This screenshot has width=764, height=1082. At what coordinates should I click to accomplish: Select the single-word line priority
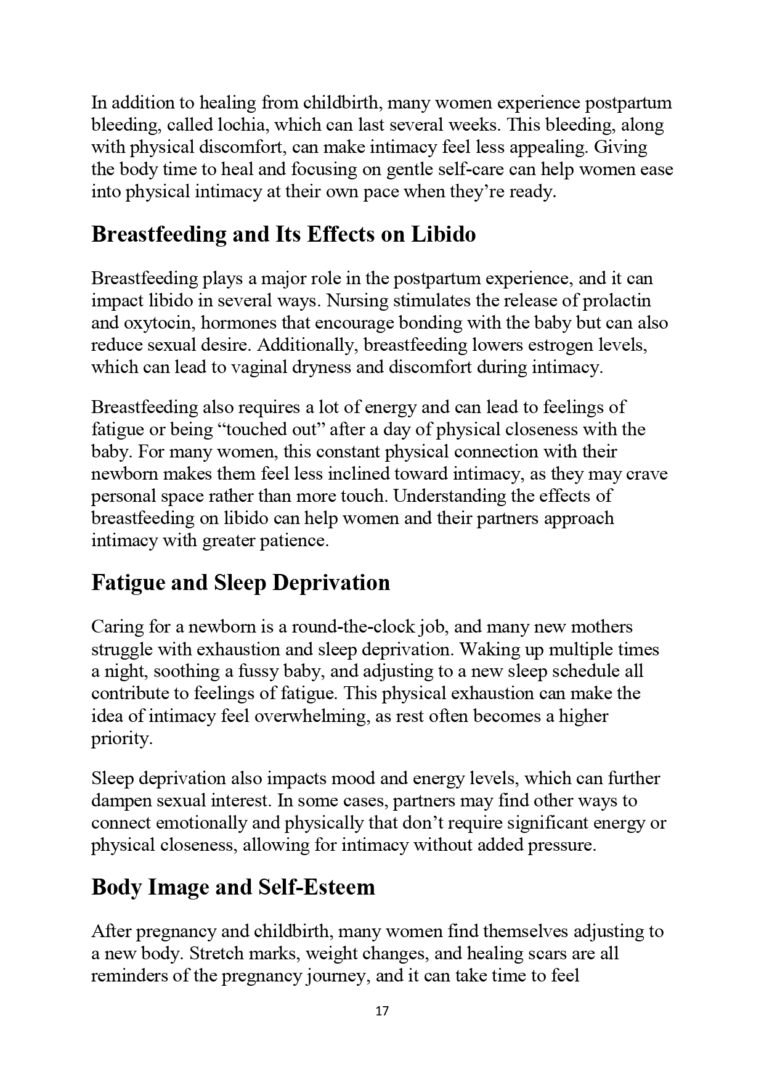121,739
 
